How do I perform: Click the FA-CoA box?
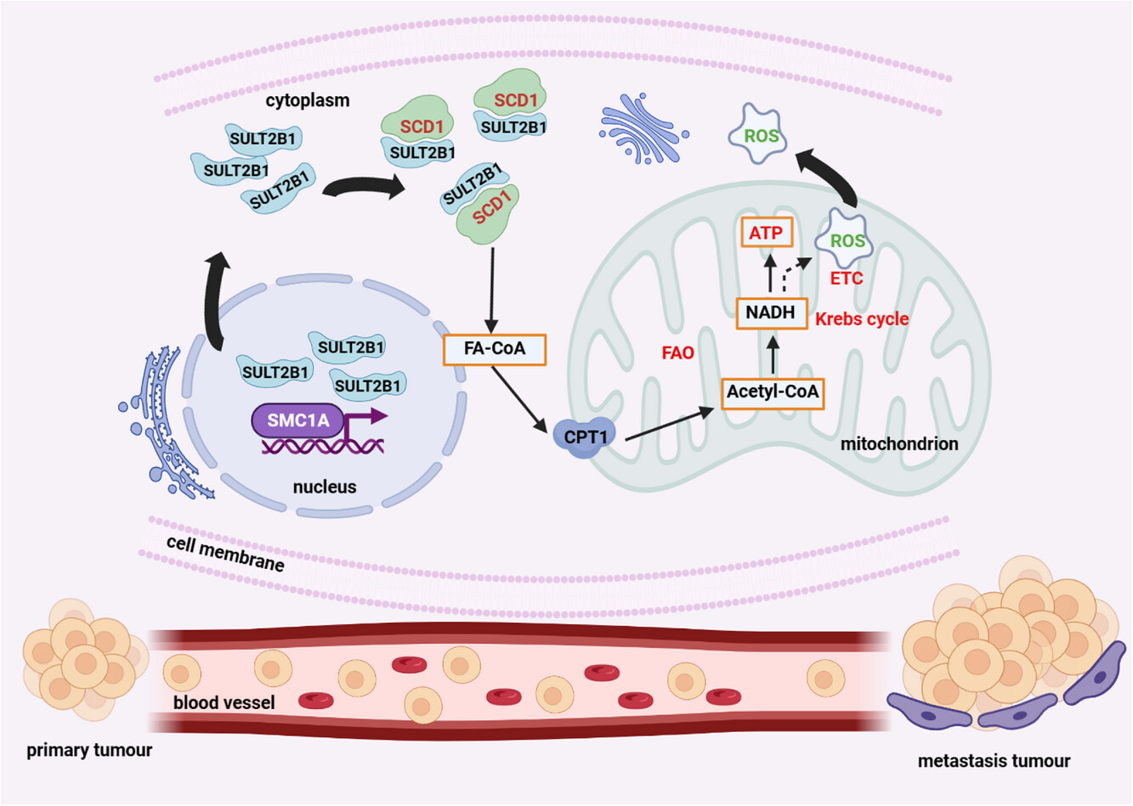(x=495, y=349)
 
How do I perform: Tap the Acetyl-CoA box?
(x=773, y=393)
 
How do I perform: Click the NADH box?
(x=770, y=313)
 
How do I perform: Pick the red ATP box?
(x=766, y=233)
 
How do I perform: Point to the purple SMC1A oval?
(x=298, y=420)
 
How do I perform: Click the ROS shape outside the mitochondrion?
(x=760, y=134)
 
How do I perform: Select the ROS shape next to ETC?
(x=847, y=240)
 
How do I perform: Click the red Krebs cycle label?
(x=862, y=319)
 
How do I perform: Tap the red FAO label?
(x=677, y=352)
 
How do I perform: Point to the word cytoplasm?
(x=307, y=100)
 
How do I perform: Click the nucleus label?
(x=324, y=488)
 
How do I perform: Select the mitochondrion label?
(x=899, y=444)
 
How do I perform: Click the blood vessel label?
(x=224, y=703)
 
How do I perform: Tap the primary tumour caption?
(x=89, y=751)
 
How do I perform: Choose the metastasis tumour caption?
(x=994, y=761)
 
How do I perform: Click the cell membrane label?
(x=225, y=554)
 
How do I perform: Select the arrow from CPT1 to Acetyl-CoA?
(x=668, y=425)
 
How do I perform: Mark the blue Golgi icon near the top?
(x=643, y=132)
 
